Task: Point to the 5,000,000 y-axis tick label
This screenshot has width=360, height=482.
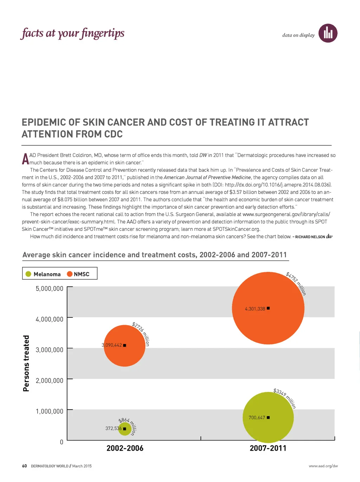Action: point(50,288)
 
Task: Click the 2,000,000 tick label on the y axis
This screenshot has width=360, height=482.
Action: point(50,380)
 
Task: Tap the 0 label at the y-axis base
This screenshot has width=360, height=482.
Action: point(62,442)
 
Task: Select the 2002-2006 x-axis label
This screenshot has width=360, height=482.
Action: point(125,448)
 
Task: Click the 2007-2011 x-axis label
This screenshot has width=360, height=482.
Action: point(268,448)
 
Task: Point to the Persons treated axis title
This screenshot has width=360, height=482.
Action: point(26,363)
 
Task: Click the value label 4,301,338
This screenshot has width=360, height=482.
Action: point(255,309)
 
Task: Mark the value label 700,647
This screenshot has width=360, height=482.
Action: point(257,418)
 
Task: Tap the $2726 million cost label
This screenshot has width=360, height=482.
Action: point(141,334)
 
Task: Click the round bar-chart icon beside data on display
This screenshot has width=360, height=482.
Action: point(328,33)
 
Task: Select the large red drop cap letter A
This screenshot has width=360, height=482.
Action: point(25,159)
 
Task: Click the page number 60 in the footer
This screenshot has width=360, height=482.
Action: point(24,466)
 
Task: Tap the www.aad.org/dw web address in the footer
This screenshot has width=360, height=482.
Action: point(323,466)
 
